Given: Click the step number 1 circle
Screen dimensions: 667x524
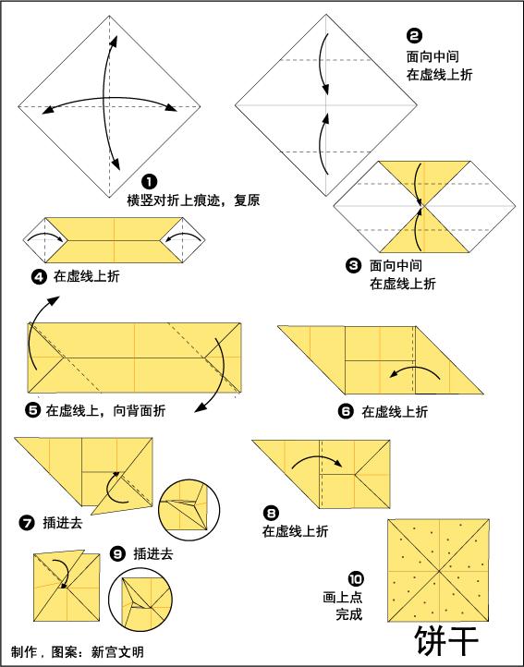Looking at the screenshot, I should click(x=148, y=182).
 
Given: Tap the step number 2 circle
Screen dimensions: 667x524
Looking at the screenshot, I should click(x=414, y=36).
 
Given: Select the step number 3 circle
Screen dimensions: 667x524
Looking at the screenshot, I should click(x=353, y=266).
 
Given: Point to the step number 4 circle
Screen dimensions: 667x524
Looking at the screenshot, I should click(x=39, y=275).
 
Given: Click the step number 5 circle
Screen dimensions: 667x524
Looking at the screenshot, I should click(x=32, y=410).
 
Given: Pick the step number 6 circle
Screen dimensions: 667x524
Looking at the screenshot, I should click(x=346, y=412).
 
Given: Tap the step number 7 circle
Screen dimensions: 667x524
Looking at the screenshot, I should click(x=26, y=522).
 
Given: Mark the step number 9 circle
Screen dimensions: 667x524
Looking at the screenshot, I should click(x=117, y=553).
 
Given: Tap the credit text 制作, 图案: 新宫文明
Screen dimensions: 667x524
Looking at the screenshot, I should click(x=78, y=651).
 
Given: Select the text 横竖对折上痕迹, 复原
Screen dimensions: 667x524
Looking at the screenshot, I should click(x=193, y=199).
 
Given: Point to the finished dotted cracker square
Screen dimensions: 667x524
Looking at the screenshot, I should click(x=438, y=569).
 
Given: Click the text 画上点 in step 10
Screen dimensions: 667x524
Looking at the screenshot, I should click(x=343, y=596).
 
